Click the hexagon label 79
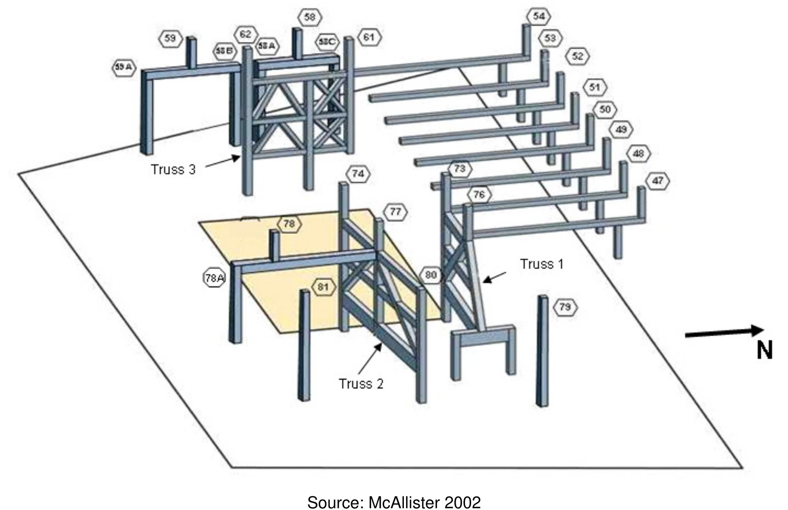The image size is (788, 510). coord(565,306)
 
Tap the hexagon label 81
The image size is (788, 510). coord(323,287)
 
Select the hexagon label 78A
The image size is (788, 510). coord(214,278)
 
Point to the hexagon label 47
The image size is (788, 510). coord(657,181)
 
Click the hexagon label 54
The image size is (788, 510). coord(539,16)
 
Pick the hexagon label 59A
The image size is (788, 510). coord(123,67)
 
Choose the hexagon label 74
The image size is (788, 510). coord(358,174)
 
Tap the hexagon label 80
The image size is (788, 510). coord(431,275)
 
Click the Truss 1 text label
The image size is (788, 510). coord(541,264)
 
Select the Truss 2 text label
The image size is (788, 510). coord(361,383)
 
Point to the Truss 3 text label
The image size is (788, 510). coord(173,169)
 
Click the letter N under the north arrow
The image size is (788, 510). coord(764,350)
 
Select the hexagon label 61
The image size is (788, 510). coord(369,37)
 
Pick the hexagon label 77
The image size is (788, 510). coord(395,212)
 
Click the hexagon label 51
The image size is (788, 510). coord(595,87)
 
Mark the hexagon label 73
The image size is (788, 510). coord(460,169)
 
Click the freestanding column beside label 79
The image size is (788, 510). coord(542,351)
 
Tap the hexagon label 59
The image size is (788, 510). coord(170,38)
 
